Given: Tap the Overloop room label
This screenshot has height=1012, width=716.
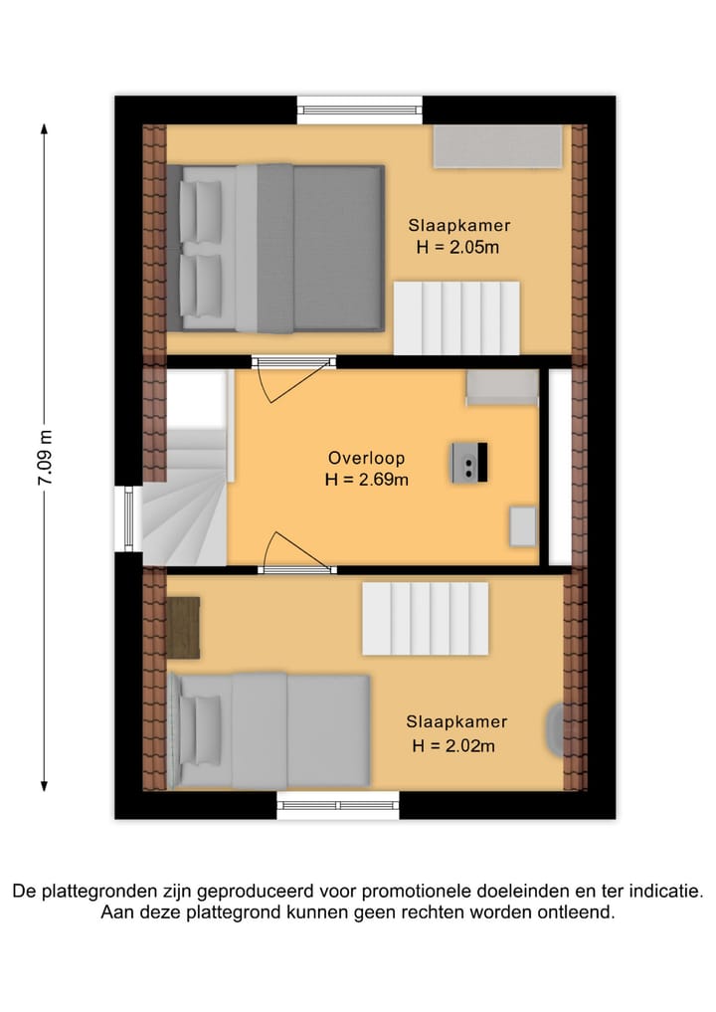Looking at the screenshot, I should point(367,459).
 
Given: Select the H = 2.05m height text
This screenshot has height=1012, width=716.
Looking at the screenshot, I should point(456,248).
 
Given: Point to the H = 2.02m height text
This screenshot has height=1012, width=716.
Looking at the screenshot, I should point(453,745).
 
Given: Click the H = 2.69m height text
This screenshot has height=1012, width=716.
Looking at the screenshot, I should point(367,480).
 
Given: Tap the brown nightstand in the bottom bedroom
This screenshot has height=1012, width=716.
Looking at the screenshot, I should point(183,627).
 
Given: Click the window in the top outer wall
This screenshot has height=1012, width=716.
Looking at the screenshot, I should point(360,108).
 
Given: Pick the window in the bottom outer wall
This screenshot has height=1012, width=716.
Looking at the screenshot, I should point(338,805).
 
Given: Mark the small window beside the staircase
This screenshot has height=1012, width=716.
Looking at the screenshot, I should point(126,517).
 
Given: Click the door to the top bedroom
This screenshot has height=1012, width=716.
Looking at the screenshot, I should point(290,378).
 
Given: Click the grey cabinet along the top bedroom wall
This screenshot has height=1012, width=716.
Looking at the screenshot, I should point(497,146).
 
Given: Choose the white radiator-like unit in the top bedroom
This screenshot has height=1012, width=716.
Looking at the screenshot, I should point(456,317).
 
